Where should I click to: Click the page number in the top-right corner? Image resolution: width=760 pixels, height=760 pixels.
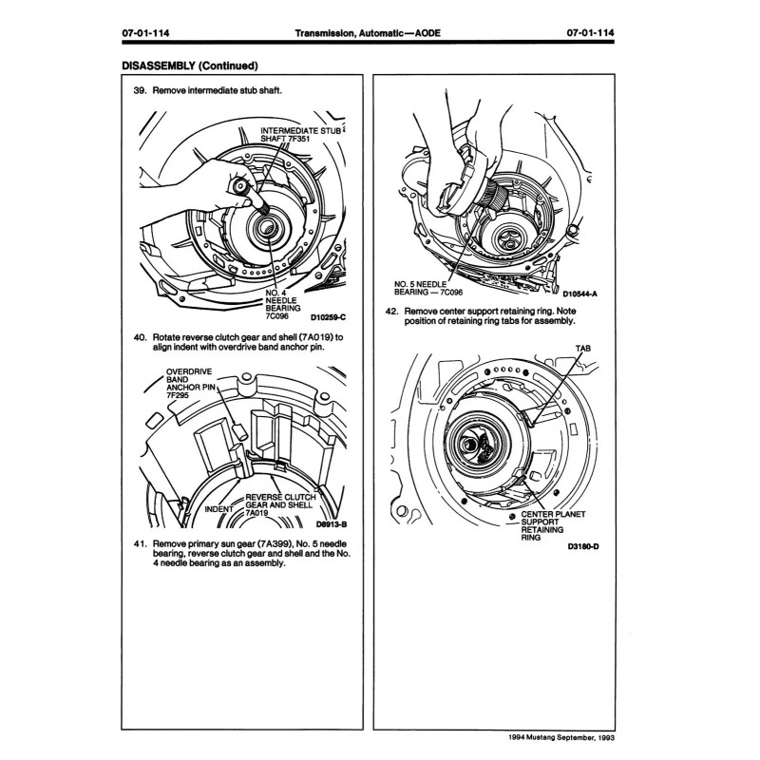point(590,33)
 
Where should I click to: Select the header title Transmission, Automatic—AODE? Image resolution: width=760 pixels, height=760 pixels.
point(366,33)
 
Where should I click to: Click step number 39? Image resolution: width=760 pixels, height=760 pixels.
point(140,91)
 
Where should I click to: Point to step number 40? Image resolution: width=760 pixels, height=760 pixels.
point(140,337)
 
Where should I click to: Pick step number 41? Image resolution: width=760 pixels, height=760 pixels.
point(140,545)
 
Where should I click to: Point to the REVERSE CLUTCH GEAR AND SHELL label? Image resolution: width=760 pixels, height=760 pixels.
point(280,504)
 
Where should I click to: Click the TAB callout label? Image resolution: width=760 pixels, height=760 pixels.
point(581,349)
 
